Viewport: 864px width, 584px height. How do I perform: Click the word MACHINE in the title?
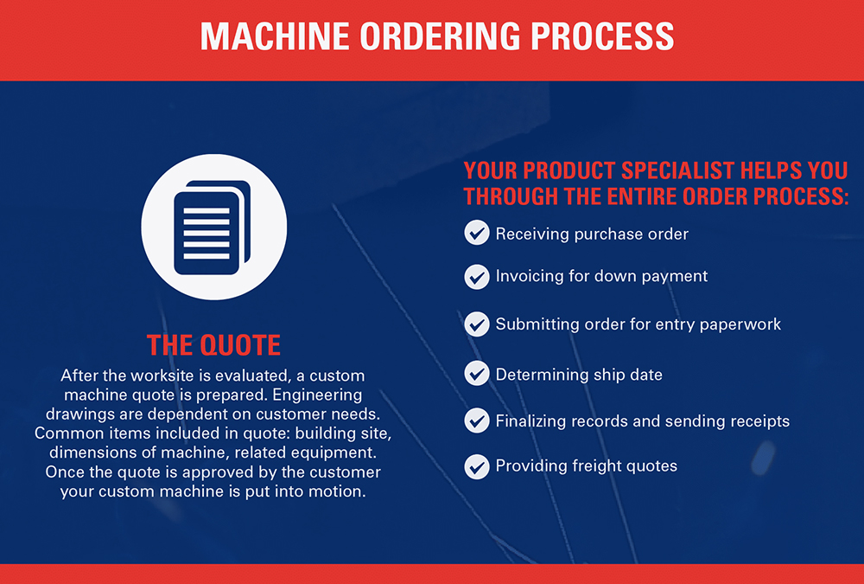pos(275,37)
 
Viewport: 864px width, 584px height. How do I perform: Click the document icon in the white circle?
pos(213,228)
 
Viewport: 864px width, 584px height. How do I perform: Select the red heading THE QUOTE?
pos(213,345)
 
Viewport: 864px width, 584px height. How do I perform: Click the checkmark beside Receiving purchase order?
pos(477,233)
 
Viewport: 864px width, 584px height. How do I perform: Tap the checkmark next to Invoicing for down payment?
pos(477,277)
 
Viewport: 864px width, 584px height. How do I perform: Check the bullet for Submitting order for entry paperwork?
pos(477,324)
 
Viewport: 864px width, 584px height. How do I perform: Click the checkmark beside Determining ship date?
pos(477,374)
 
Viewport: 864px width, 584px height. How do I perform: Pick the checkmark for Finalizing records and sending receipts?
pos(477,420)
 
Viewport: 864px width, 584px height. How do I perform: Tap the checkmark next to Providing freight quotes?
pos(477,466)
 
